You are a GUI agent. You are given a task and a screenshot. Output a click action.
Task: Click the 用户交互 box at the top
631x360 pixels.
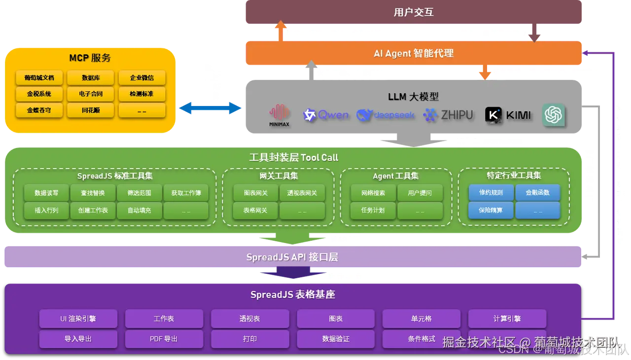click(x=413, y=12)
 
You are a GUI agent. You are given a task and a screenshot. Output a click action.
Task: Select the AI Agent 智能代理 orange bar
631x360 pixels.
click(x=413, y=53)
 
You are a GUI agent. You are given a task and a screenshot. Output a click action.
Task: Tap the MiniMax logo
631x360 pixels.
click(x=280, y=115)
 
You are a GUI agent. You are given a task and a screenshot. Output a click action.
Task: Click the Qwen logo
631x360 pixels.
click(x=326, y=115)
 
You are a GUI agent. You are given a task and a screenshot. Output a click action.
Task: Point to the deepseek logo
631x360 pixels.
click(x=386, y=115)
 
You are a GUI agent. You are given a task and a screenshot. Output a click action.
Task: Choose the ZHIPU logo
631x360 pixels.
click(x=448, y=115)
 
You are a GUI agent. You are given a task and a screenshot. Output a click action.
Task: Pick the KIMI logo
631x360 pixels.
click(x=508, y=115)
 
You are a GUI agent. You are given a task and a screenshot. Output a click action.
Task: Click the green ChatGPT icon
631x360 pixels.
click(x=553, y=115)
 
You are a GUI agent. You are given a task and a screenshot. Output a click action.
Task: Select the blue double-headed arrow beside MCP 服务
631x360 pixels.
click(x=210, y=108)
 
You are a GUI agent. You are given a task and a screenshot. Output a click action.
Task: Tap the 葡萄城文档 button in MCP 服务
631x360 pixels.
click(x=39, y=78)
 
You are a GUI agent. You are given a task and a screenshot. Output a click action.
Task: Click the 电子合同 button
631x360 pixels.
click(x=90, y=94)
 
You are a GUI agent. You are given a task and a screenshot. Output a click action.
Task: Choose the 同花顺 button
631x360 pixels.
click(x=90, y=110)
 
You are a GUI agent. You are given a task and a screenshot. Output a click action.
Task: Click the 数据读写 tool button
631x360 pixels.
click(x=46, y=193)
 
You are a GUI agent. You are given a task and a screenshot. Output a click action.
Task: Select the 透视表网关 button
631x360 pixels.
click(x=302, y=193)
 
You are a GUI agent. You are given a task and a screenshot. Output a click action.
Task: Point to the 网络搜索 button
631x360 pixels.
click(x=373, y=193)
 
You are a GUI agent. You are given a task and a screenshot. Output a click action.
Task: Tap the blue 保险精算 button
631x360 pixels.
click(x=491, y=210)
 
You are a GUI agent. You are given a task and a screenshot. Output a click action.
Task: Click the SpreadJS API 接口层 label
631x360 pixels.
click(x=292, y=257)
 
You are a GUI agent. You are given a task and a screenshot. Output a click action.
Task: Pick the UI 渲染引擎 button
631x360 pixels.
click(x=78, y=319)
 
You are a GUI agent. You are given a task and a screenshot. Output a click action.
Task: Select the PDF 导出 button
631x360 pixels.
click(x=164, y=339)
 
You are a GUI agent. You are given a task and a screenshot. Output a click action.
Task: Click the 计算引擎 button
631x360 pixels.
click(x=507, y=319)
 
